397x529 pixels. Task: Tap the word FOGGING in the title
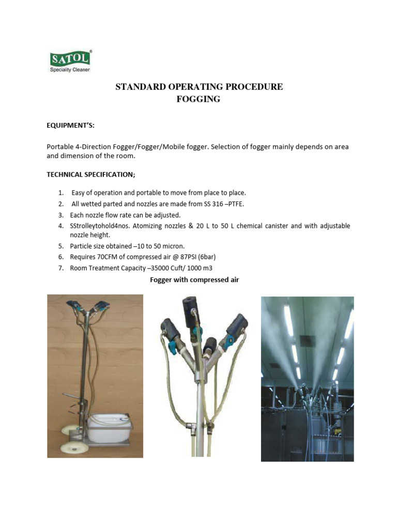198,99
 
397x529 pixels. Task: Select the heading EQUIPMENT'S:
71,126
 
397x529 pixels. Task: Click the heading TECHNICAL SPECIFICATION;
91,175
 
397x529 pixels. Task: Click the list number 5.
60,245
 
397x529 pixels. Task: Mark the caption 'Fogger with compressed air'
194,280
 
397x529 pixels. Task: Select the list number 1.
60,193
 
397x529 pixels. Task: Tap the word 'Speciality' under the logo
60,70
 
